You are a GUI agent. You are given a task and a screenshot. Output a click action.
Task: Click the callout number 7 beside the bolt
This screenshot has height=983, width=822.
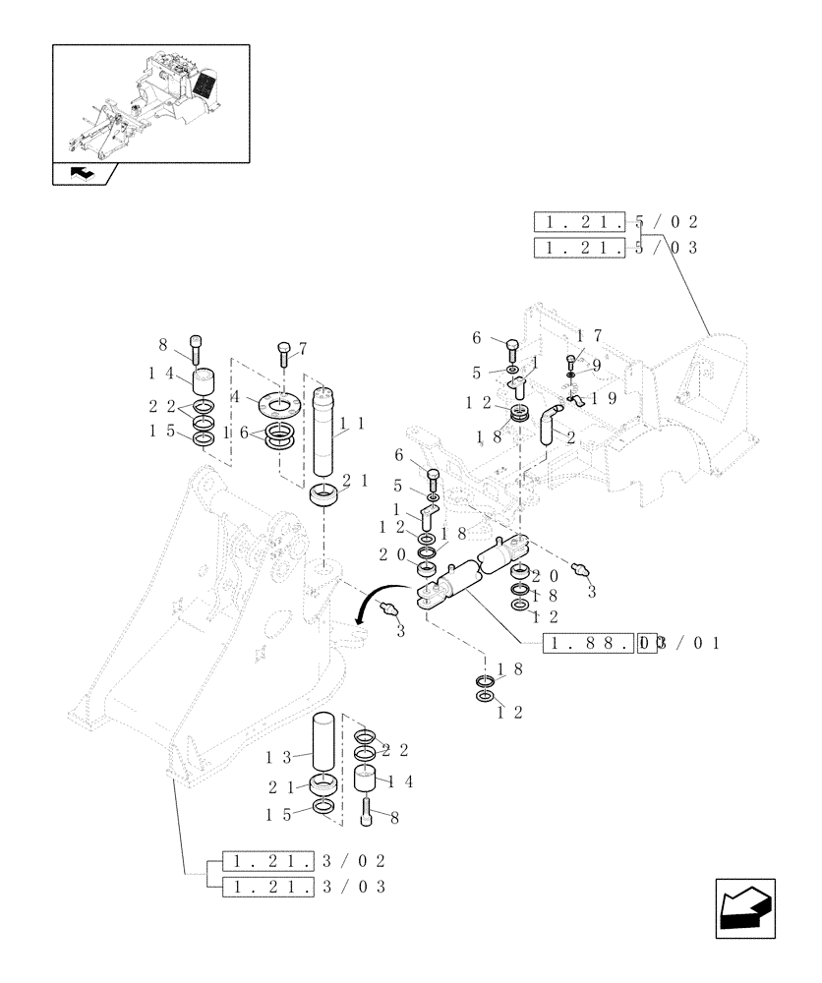pyautogui.click(x=303, y=348)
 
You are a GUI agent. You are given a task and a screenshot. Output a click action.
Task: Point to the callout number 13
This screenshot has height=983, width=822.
pyautogui.click(x=279, y=757)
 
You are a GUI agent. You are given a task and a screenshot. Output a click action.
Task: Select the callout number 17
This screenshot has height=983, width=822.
pyautogui.click(x=588, y=335)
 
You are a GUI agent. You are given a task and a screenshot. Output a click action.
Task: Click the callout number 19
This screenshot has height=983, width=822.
pyautogui.click(x=607, y=398)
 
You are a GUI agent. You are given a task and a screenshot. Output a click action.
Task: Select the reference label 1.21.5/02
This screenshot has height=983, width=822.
pyautogui.click(x=616, y=221)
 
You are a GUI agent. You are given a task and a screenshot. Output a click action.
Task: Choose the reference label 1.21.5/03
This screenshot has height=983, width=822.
pyautogui.click(x=616, y=247)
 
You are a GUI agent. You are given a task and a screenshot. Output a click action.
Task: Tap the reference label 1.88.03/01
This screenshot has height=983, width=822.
pyautogui.click(x=633, y=644)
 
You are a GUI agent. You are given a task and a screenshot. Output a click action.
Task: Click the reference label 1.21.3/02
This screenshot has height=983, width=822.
pyautogui.click(x=303, y=861)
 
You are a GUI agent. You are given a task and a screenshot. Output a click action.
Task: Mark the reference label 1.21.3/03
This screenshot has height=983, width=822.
pyautogui.click(x=303, y=887)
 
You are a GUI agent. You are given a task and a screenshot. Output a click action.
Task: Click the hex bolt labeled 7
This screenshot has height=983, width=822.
pyautogui.click(x=284, y=353)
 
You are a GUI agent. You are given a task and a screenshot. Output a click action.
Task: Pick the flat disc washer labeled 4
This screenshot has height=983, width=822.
pyautogui.click(x=281, y=405)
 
